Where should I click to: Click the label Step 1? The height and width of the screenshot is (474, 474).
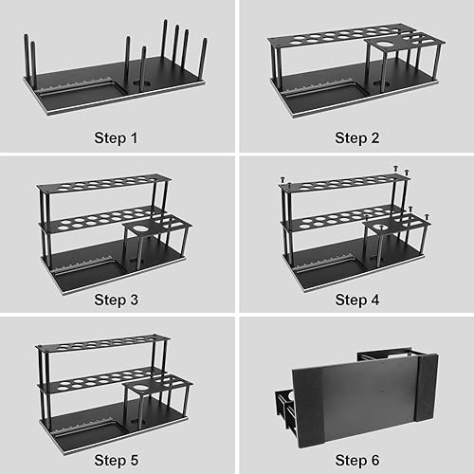pyautogui.click(x=116, y=137)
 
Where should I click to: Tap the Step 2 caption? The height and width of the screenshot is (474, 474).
pyautogui.click(x=356, y=137)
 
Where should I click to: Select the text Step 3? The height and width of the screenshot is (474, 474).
pyautogui.click(x=116, y=300)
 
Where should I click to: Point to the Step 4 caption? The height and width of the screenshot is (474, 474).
pyautogui.click(x=356, y=300)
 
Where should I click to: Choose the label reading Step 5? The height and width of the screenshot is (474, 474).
pyautogui.click(x=116, y=461)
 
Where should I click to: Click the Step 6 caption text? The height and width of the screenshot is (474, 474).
pyautogui.click(x=356, y=461)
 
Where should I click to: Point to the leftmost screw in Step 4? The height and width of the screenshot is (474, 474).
pyautogui.click(x=282, y=179)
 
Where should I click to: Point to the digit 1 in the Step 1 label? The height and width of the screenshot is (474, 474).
pyautogui.click(x=135, y=137)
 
